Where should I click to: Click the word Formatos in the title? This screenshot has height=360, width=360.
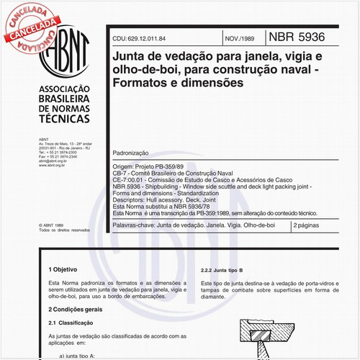point(140,83)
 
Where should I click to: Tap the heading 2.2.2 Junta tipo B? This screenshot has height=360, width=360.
point(228,269)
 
